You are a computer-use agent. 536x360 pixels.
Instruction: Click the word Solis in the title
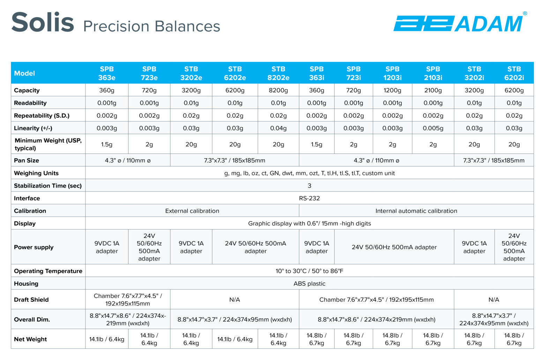pyautogui.click(x=43, y=22)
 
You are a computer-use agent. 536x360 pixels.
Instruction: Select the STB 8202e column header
pyautogui.click(x=278, y=73)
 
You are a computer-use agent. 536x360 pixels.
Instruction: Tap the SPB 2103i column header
pyautogui.click(x=433, y=73)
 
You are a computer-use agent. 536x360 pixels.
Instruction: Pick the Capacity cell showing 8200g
pyautogui.click(x=278, y=90)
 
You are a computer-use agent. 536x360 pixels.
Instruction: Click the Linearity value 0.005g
pyautogui.click(x=433, y=128)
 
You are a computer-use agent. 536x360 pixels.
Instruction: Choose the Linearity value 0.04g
pyautogui.click(x=278, y=128)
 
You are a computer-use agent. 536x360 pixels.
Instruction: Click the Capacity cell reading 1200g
pyautogui.click(x=392, y=90)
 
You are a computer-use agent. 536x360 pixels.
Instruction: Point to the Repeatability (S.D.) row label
pyautogui.click(x=42, y=115)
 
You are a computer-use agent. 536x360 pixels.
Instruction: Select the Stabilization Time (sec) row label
pyautogui.click(x=48, y=186)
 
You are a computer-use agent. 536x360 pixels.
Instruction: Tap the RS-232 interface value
pyautogui.click(x=309, y=198)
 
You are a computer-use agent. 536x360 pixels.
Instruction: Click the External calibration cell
pyautogui.click(x=192, y=211)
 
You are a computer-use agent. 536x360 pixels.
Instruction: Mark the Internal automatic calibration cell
pyautogui.click(x=416, y=211)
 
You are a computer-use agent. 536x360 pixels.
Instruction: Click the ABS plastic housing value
pyautogui.click(x=309, y=284)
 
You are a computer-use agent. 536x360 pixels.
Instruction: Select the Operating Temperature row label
pyautogui.click(x=48, y=271)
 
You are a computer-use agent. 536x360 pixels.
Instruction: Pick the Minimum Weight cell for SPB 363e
pyautogui.click(x=107, y=144)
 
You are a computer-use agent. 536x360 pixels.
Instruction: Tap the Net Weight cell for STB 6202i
pyautogui.click(x=514, y=339)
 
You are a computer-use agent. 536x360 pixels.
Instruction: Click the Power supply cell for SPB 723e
pyautogui.click(x=149, y=247)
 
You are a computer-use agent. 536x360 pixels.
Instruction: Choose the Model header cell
pyautogui.click(x=24, y=73)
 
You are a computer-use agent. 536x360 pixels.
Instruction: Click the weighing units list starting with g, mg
pyautogui.click(x=309, y=173)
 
